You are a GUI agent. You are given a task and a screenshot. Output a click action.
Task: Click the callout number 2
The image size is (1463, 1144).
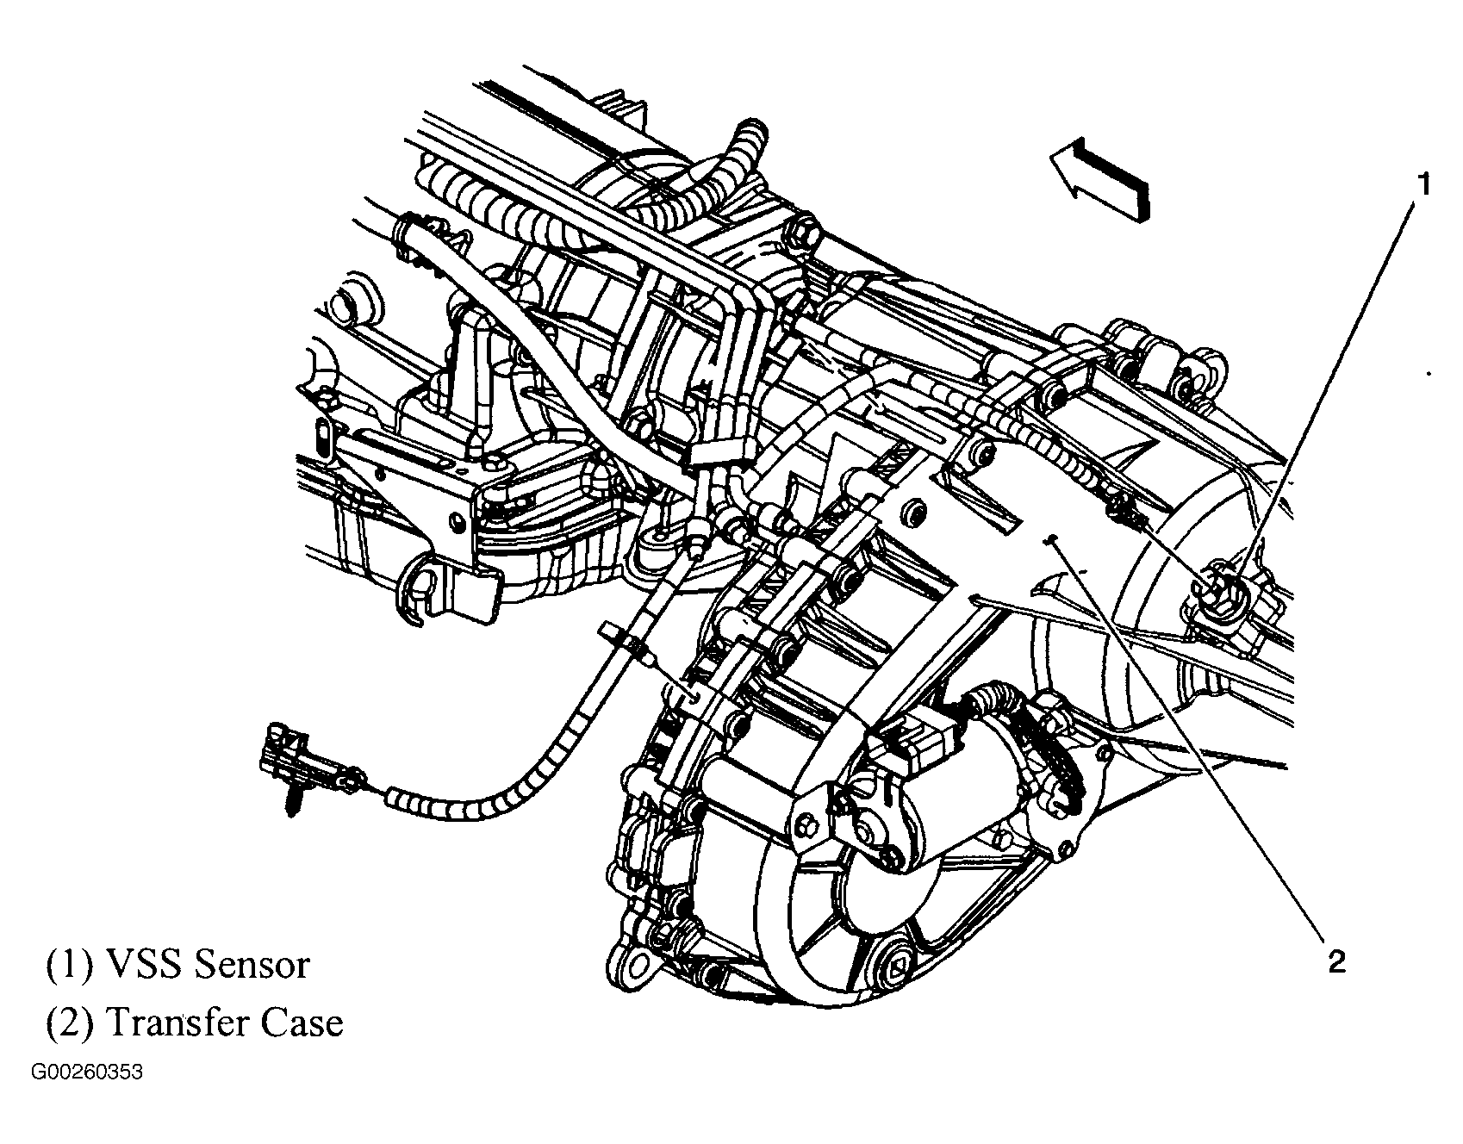coord(1335,961)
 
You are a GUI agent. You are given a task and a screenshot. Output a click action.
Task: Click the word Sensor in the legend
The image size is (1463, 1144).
coord(252,964)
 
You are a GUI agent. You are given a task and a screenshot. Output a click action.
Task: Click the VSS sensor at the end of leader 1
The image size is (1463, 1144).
coord(1222,589)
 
